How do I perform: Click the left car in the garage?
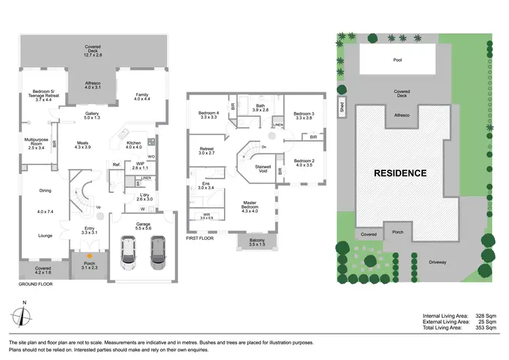coord(128,252)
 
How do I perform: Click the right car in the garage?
coord(158,252)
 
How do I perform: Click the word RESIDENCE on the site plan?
coord(400,173)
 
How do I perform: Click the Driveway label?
coord(436,261)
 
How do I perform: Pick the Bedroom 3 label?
coord(305,115)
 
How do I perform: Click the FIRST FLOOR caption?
coord(202,238)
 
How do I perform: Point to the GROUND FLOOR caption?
coord(36,285)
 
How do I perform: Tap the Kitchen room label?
coord(133,145)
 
